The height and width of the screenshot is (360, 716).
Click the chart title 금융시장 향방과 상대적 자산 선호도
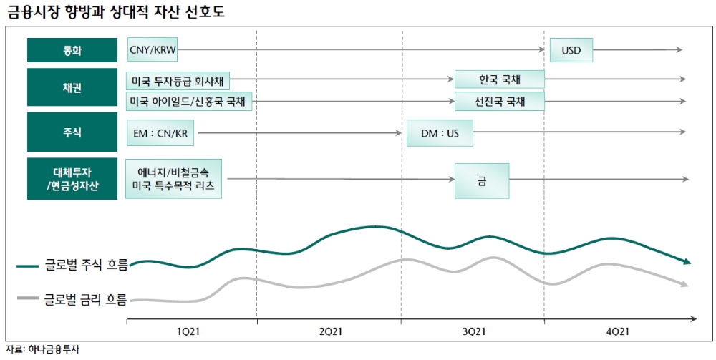[115, 12]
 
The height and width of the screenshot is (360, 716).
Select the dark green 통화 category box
[72, 50]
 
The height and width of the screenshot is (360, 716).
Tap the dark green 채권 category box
[72, 88]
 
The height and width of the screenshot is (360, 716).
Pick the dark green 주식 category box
[72, 132]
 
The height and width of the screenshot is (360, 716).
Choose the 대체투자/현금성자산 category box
[72, 179]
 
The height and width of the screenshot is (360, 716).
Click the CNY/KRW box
[153, 50]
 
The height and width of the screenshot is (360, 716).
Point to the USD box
[571, 51]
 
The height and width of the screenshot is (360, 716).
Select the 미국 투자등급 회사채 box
[178, 80]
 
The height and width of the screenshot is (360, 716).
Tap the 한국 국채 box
[500, 79]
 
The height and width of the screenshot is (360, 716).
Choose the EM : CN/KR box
[163, 132]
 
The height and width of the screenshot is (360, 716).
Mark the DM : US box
[440, 132]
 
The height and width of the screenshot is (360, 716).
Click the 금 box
[482, 180]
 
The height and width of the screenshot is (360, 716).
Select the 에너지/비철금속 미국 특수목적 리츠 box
[174, 179]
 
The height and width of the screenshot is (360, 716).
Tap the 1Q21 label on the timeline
[188, 331]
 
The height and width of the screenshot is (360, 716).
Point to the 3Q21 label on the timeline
[473, 331]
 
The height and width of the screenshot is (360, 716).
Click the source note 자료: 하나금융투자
[42, 350]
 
